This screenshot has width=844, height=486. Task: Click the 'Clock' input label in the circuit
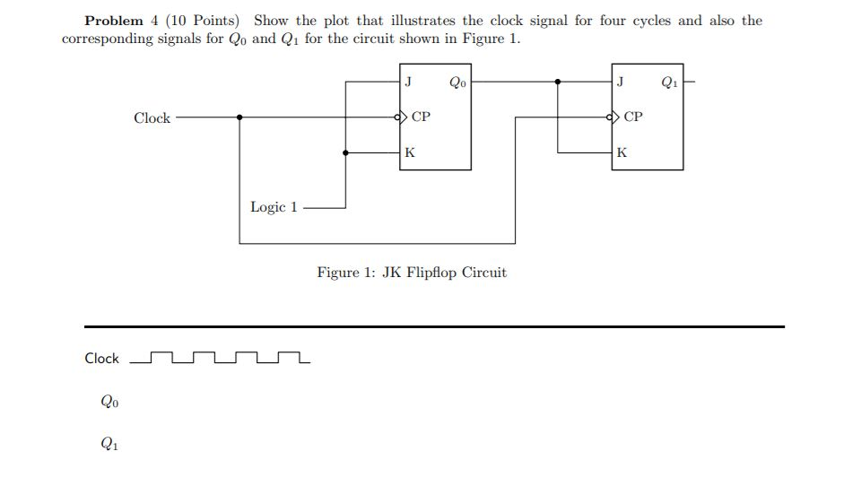(152, 118)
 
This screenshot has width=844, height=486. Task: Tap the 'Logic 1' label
(274, 207)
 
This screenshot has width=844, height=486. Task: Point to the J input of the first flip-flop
(409, 82)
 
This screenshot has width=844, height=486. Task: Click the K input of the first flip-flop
(409, 153)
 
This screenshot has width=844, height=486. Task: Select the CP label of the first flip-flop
(421, 117)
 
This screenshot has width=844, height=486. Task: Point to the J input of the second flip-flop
(621, 82)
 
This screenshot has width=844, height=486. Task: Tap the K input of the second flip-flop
(622, 153)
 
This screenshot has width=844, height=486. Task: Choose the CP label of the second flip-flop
(633, 117)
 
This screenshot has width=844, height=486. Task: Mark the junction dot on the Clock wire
(239, 117)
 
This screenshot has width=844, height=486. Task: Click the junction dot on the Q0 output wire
(558, 82)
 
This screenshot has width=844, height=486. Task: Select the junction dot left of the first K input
(346, 153)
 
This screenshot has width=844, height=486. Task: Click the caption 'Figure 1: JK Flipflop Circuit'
(412, 273)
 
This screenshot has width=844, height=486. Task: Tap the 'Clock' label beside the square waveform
(101, 359)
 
